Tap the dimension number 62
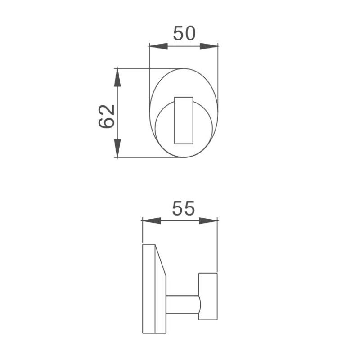point(107,117)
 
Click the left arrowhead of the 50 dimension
point(157,46)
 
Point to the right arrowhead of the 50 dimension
point(209,46)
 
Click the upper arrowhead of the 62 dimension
point(117,78)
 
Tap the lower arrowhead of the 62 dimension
point(117,148)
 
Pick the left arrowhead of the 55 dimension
point(151,220)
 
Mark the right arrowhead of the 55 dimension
point(208,220)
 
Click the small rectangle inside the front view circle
point(184,120)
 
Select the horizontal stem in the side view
point(182,304)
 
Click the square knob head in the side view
point(208,297)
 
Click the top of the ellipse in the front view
point(184,69)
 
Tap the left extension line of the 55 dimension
point(142,232)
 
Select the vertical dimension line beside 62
point(117,112)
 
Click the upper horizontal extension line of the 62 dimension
point(135,68)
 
